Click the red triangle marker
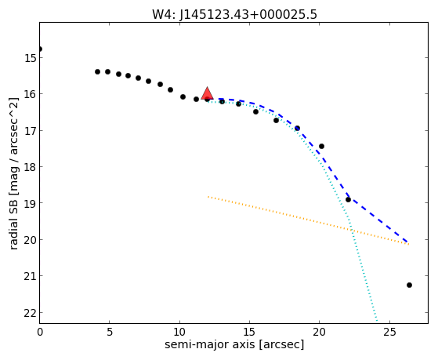click(x=208, y=93)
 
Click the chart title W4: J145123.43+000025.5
click(x=234, y=15)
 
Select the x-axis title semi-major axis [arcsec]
click(x=234, y=344)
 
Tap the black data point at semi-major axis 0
click(x=40, y=49)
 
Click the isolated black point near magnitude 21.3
click(x=409, y=285)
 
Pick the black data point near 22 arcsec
click(x=348, y=199)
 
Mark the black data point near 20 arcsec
click(x=321, y=147)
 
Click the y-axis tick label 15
click(x=30, y=58)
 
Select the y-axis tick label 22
click(x=30, y=313)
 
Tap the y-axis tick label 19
click(x=30, y=203)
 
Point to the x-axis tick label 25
click(x=389, y=332)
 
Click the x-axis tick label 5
click(x=110, y=332)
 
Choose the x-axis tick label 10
click(x=179, y=332)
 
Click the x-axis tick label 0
click(x=40, y=332)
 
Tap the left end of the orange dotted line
click(x=208, y=197)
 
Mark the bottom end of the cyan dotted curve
click(x=377, y=321)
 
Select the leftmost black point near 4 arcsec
click(x=97, y=72)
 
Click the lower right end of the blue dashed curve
click(x=407, y=242)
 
